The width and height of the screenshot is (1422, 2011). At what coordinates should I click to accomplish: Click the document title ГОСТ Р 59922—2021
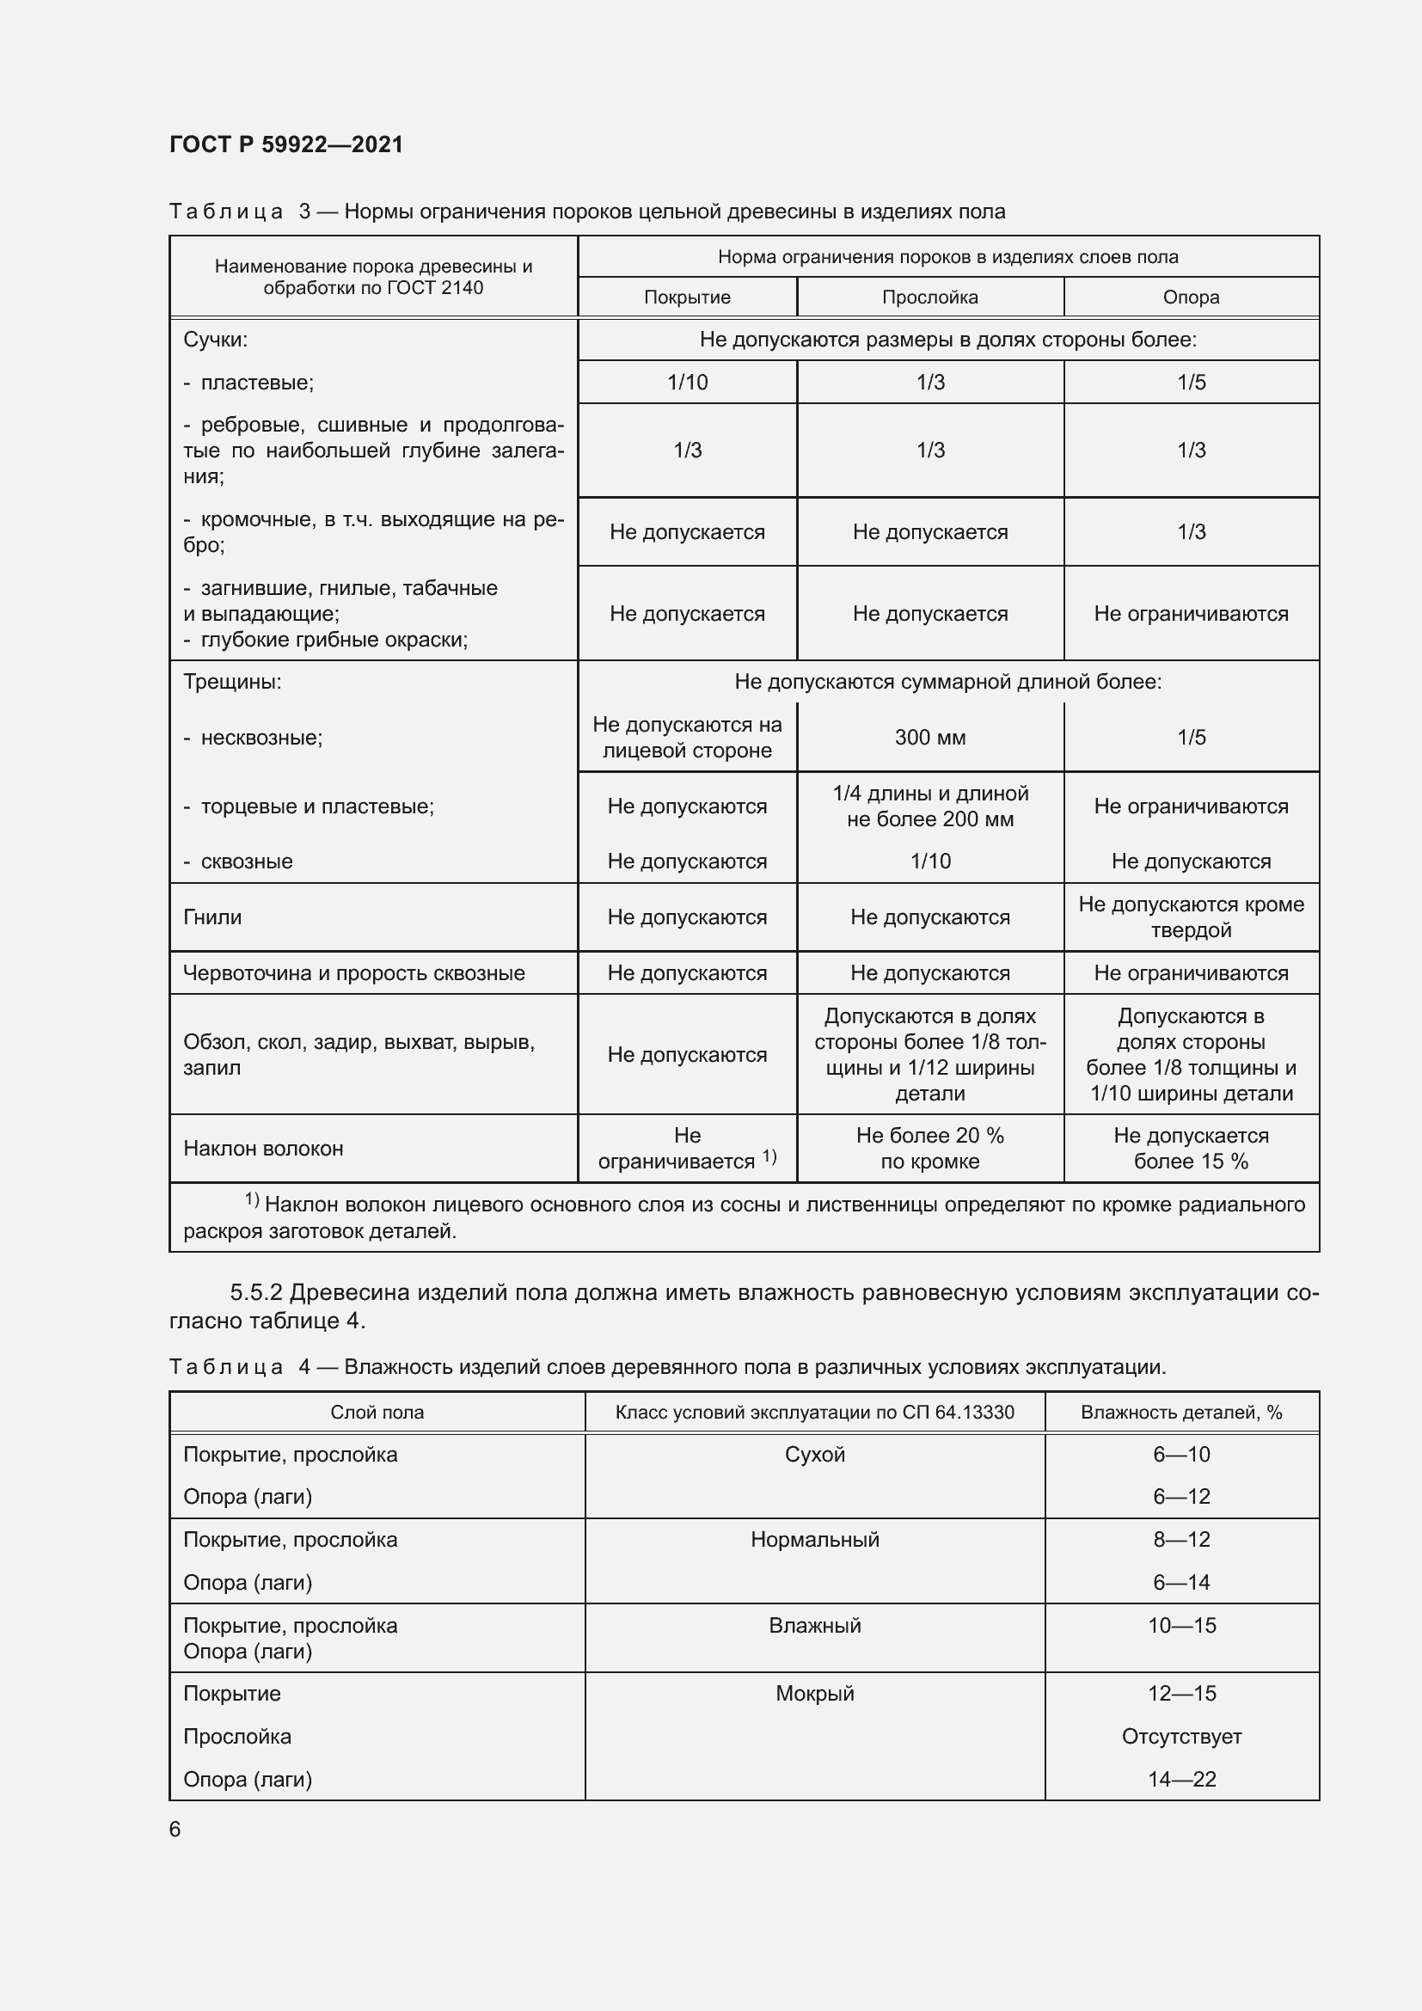point(286,144)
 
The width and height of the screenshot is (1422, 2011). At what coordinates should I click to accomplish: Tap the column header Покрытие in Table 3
point(688,297)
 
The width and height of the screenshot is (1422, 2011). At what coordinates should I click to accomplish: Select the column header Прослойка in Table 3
point(930,297)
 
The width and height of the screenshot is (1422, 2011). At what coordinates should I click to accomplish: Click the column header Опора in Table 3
point(1191,297)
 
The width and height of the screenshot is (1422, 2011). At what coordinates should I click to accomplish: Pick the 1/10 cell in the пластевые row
point(688,382)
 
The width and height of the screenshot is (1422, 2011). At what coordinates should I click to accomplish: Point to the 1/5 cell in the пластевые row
point(1191,382)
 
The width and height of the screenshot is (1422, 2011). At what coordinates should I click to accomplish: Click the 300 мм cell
point(930,738)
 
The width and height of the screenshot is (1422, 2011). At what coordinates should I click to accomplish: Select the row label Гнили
point(212,917)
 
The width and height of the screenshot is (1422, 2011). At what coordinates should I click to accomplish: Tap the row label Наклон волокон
point(264,1149)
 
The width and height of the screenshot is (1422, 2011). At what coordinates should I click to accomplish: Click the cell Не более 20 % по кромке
point(930,1149)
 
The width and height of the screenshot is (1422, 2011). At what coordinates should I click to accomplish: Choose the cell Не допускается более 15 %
point(1191,1149)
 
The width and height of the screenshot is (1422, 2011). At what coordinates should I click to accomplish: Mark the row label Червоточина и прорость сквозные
point(353,973)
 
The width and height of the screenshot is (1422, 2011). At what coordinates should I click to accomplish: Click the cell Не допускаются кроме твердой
point(1191,917)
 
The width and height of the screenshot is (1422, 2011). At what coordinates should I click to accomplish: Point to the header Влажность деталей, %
point(1181,1412)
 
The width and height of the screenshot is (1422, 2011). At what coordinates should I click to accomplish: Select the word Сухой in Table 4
point(814,1455)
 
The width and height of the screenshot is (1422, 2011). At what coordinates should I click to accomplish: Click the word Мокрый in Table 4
point(814,1693)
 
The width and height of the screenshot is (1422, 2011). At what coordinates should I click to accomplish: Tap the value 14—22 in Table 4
point(1182,1779)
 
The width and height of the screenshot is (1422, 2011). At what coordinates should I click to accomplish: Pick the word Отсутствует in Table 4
point(1182,1736)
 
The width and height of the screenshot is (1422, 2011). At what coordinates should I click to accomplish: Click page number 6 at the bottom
point(175,1829)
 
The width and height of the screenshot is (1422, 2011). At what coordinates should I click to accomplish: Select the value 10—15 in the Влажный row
point(1182,1626)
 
